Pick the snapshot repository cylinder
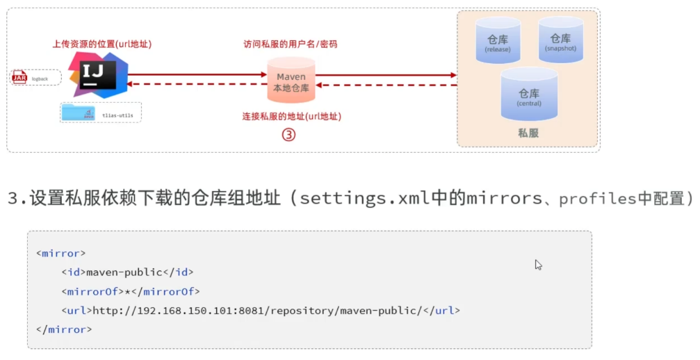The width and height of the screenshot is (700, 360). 560,40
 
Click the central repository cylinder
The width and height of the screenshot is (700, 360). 529,95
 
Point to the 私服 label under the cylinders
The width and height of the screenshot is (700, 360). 528,133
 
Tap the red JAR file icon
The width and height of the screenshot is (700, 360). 19,78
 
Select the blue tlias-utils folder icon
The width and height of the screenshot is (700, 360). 77,113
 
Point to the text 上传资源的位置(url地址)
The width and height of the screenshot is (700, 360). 102,44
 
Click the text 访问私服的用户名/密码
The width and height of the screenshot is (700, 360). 291,44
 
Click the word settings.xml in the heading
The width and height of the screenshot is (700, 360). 348,199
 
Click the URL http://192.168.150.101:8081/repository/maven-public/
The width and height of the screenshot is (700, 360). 258,310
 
